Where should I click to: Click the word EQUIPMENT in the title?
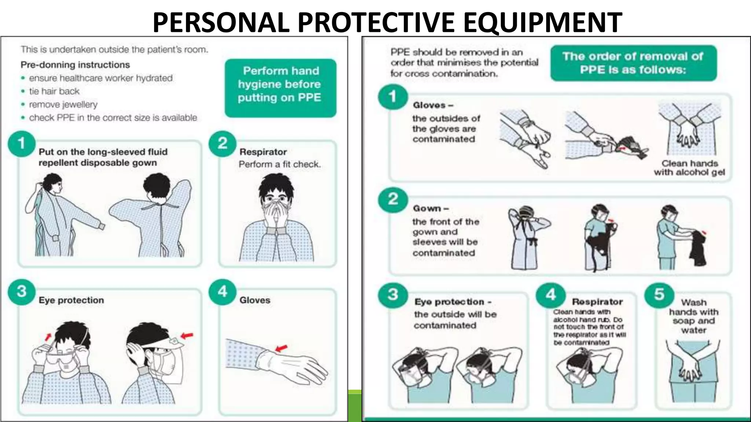click(543, 23)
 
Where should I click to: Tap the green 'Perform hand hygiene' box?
click(280, 88)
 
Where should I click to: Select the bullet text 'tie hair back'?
click(54, 91)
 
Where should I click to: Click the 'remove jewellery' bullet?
click(63, 104)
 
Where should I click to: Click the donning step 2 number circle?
click(222, 143)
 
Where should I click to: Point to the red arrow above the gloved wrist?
click(282, 348)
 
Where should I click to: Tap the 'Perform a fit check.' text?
click(279, 164)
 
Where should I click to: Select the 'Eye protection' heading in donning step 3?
click(71, 300)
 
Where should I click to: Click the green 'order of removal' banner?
click(633, 63)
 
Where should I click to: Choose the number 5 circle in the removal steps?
click(659, 294)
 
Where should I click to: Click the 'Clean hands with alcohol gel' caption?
click(689, 168)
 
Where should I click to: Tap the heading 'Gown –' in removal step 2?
click(431, 208)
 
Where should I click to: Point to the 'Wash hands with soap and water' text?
click(693, 316)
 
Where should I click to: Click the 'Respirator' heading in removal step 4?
click(597, 302)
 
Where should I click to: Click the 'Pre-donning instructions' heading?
click(75, 65)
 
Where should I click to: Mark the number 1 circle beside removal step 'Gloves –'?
click(392, 97)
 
